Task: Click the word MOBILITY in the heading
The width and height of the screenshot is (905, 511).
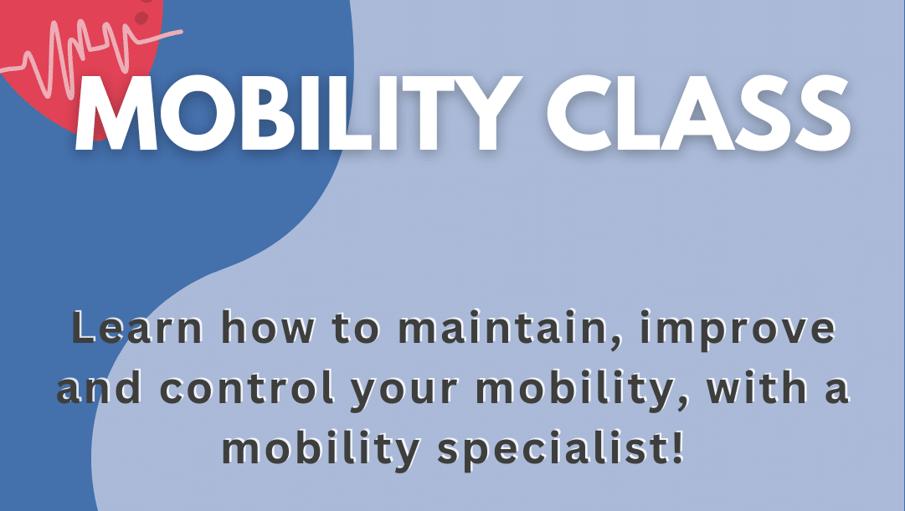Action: (x=295, y=113)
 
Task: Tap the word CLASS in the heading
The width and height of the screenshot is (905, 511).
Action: (x=697, y=113)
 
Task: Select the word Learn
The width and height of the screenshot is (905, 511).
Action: (x=137, y=328)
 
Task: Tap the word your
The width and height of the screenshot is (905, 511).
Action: (x=405, y=392)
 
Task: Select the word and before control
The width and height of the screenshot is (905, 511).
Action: (x=100, y=387)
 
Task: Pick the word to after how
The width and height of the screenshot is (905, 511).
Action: (x=356, y=330)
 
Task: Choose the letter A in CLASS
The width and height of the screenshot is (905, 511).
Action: (x=700, y=113)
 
